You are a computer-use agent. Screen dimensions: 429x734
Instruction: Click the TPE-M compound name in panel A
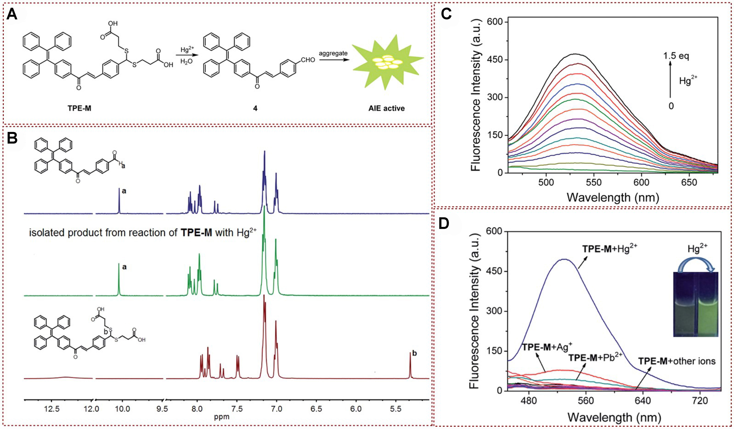79,108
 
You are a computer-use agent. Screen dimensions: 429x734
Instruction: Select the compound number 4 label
255,108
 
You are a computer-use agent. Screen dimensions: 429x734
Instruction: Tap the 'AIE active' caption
387,108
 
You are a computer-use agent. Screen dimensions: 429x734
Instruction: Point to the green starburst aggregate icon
387,63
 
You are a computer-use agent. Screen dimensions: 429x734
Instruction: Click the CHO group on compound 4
308,60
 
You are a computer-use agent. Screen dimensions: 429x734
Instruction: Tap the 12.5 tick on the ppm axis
52,409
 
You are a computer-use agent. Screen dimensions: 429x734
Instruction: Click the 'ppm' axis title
222,417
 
